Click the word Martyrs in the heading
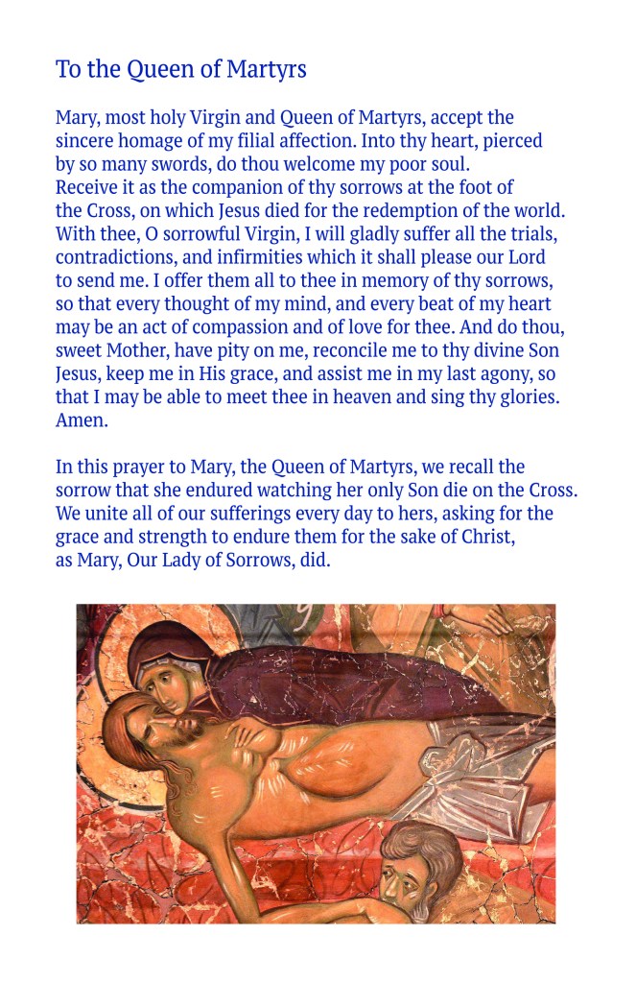pos(266,70)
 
